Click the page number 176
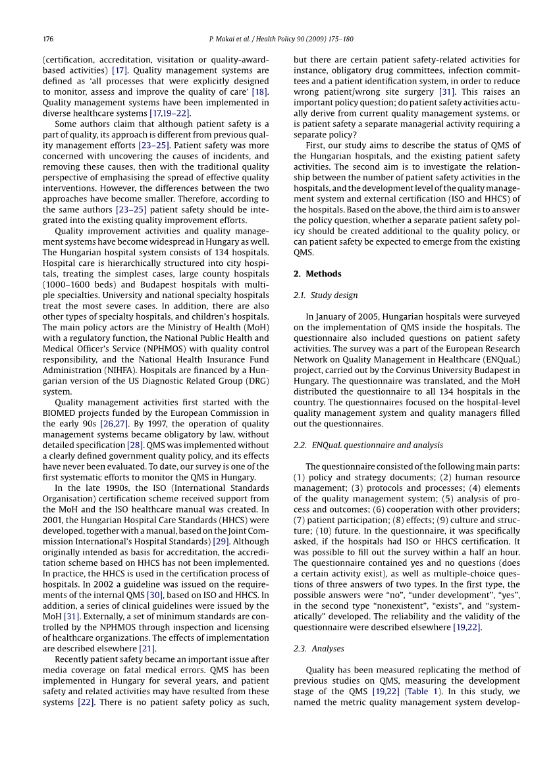point(47,39)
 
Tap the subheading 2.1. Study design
point(325,295)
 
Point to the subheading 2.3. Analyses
point(319,648)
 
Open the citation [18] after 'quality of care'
point(260,91)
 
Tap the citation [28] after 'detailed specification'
point(154,445)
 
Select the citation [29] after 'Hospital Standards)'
point(221,541)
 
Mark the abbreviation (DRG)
point(255,381)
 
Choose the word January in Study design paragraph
point(335,317)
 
